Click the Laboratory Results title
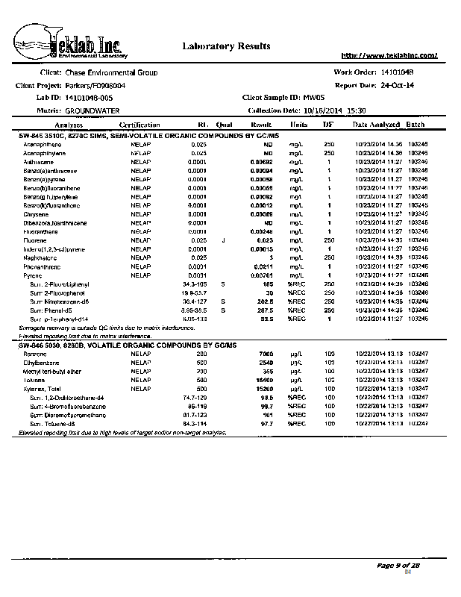226,46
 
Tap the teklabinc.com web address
389,55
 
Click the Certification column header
139,125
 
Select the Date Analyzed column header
377,125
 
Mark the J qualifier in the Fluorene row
222,240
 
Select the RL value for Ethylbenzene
201,362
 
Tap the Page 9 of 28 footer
399,566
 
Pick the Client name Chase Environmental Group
112,72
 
